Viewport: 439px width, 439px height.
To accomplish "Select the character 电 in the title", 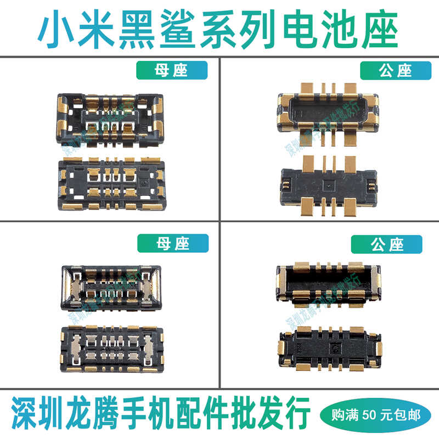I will [x=317, y=28].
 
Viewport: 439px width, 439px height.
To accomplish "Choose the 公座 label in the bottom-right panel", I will [x=387, y=244].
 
